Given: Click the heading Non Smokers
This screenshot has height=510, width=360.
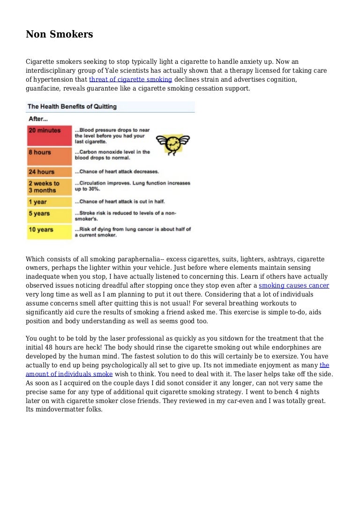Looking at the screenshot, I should click(x=59, y=34).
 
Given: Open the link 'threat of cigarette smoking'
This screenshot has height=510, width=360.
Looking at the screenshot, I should click(x=130, y=79).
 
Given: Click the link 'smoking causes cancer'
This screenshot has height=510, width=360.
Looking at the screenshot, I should click(x=294, y=285).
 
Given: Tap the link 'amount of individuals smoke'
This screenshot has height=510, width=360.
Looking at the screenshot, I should click(x=69, y=374).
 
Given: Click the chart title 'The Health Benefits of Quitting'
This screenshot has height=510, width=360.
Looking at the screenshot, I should click(x=72, y=107).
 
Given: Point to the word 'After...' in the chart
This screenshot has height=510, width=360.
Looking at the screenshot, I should click(x=38, y=119).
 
